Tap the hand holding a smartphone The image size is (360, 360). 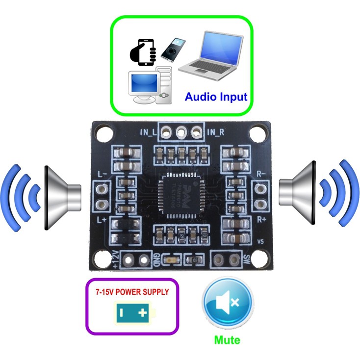[x=143, y=52]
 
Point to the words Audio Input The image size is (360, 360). [x=216, y=97]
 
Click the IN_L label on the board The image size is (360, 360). [x=148, y=131]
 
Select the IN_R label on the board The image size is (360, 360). [x=216, y=131]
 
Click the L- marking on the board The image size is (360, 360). [x=103, y=174]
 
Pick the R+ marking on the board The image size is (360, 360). [x=261, y=219]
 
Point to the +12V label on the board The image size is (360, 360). [x=115, y=259]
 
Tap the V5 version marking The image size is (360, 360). [x=260, y=242]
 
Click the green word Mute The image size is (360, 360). [x=227, y=339]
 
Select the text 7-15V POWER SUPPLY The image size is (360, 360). [x=132, y=292]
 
